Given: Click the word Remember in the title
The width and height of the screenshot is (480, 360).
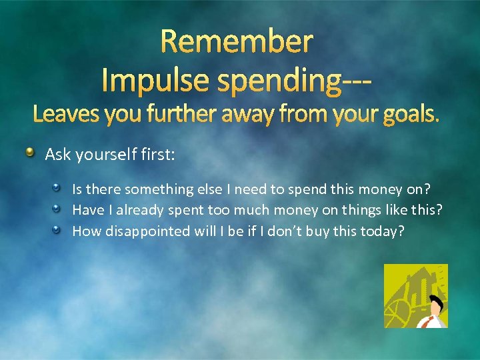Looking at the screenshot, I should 237,41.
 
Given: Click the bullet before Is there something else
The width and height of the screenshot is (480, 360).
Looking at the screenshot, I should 58,188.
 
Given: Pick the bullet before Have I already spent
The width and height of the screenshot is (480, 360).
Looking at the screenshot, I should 58,209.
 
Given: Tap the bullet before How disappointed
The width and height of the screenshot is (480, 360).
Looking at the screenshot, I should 58,231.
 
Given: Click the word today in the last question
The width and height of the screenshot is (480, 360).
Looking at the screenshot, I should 383,231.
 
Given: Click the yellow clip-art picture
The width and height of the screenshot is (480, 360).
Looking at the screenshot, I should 415,295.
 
